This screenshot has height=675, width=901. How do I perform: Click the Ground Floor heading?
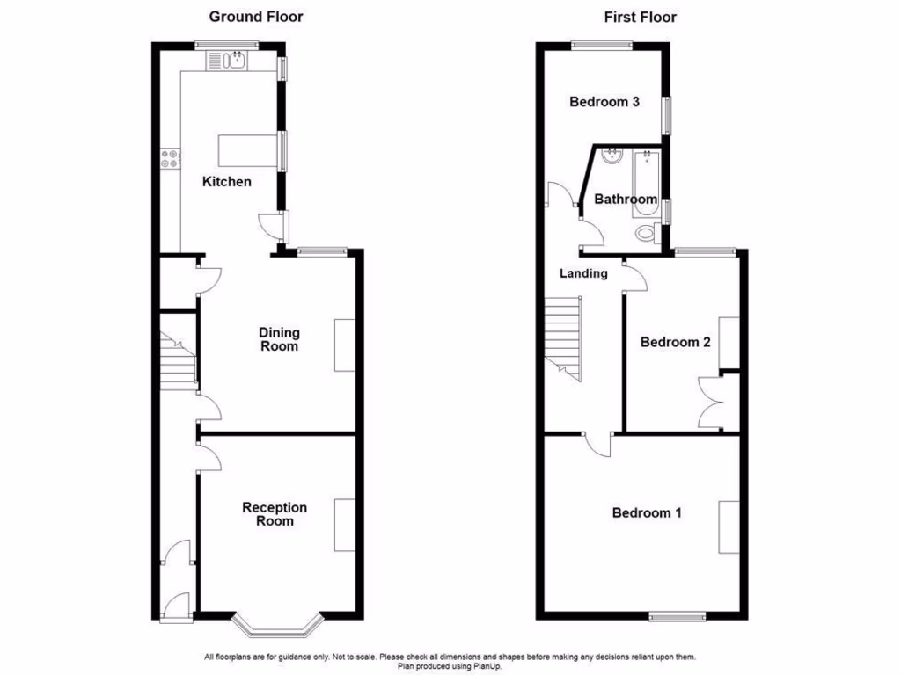point(255,17)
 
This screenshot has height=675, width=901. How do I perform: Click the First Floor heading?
point(640,17)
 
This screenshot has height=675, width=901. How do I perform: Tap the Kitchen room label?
point(227,182)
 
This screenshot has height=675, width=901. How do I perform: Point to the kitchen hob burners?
point(171,159)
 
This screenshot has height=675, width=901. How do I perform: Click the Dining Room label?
point(279,339)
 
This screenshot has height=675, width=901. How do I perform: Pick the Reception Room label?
point(275,514)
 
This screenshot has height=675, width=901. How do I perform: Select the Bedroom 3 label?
point(604,102)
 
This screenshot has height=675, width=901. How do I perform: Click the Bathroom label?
point(626,200)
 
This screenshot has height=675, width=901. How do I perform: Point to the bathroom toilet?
point(647,234)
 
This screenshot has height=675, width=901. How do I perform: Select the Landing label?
point(583,273)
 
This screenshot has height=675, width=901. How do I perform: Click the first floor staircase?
point(563,338)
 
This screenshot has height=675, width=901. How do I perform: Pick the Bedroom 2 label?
point(675,342)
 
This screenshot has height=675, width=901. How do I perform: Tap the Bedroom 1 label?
point(647,512)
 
